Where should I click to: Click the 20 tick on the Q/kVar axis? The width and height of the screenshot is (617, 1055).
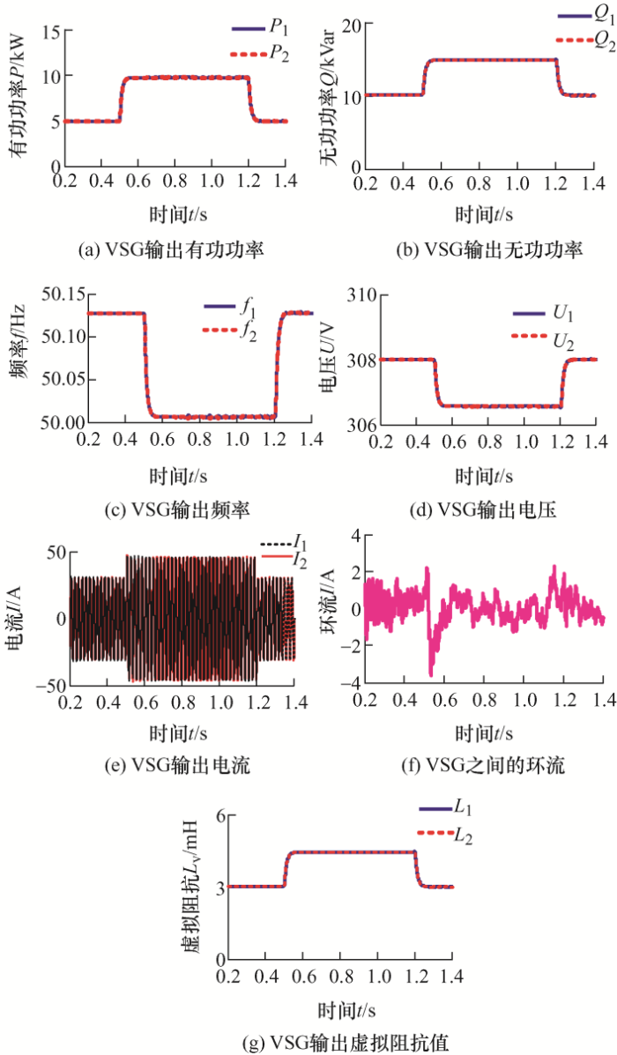pyautogui.click(x=346, y=26)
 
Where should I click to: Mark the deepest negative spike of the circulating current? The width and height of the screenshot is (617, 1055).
pyautogui.click(x=431, y=675)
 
